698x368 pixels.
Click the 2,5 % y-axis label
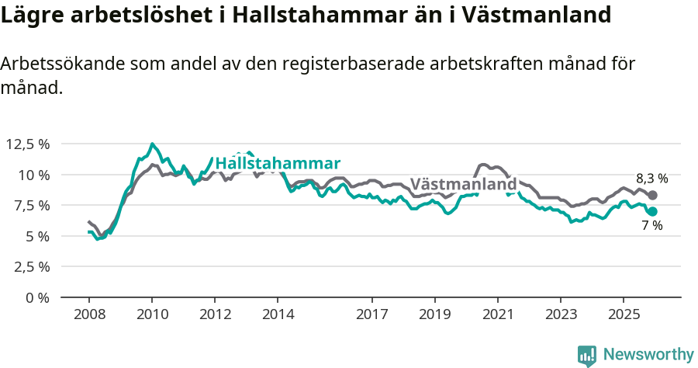pyautogui.click(x=30, y=266)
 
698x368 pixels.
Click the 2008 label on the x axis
pyautogui.click(x=89, y=314)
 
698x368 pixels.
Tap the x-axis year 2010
pyautogui.click(x=152, y=314)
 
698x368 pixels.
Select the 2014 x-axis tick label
pyautogui.click(x=278, y=314)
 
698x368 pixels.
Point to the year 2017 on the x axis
pyautogui.click(x=371, y=314)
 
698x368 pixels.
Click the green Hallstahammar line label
pyautogui.click(x=278, y=163)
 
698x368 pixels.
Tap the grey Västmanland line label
pyautogui.click(x=463, y=185)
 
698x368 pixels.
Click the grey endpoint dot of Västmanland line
pyautogui.click(x=652, y=196)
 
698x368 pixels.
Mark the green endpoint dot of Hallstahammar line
pyautogui.click(x=652, y=211)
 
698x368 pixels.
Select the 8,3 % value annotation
pyautogui.click(x=651, y=178)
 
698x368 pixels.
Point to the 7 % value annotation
pyautogui.click(x=651, y=226)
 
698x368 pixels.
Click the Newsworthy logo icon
pyautogui.click(x=587, y=355)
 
